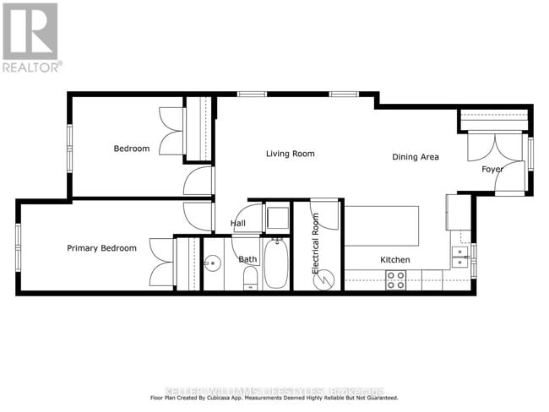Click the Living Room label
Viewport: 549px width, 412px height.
coord(290,154)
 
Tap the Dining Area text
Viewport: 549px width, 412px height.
coord(415,157)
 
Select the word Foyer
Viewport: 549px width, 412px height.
coord(492,169)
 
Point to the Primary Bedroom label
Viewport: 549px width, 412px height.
coord(101,248)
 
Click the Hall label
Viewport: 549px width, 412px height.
coord(238,224)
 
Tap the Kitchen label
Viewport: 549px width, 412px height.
coord(394,260)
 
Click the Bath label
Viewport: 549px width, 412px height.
coord(247,260)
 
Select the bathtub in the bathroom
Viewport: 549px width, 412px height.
coord(276,263)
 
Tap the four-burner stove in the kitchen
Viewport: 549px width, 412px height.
coord(395,281)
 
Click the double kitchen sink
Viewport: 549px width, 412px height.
coord(459,257)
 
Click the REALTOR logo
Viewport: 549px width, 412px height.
coord(30,38)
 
